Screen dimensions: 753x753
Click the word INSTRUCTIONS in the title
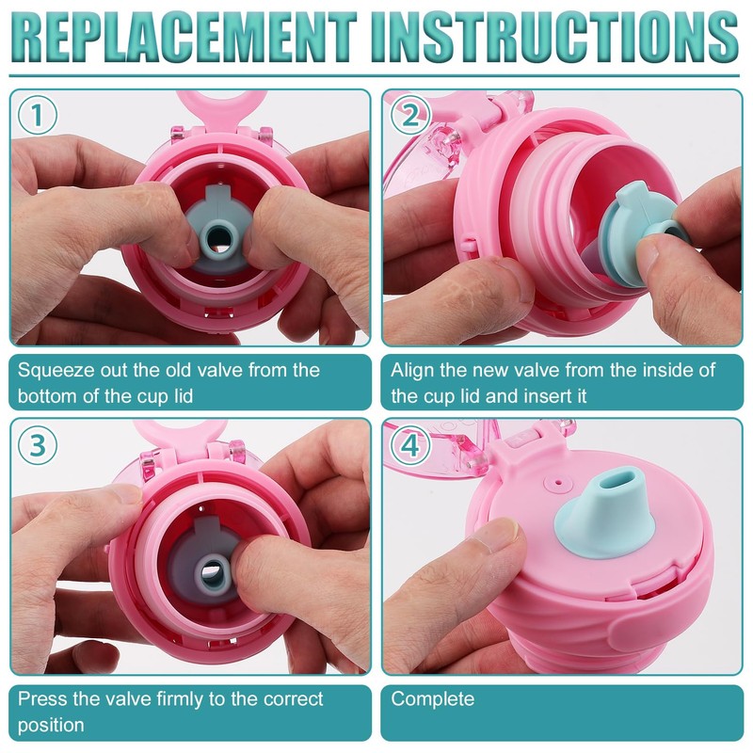click(554, 37)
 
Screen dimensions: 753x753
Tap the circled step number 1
click(38, 115)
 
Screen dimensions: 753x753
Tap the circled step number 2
click(410, 115)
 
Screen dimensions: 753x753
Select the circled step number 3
click(38, 445)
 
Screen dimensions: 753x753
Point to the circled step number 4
click(410, 445)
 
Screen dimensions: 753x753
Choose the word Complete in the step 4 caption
click(432, 699)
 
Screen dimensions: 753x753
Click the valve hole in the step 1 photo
click(218, 237)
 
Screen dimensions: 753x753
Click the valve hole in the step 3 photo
click(211, 571)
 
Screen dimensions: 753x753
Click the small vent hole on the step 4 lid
click(557, 481)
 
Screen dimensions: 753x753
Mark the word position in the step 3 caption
click(51, 725)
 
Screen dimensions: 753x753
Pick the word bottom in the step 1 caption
click(48, 396)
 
